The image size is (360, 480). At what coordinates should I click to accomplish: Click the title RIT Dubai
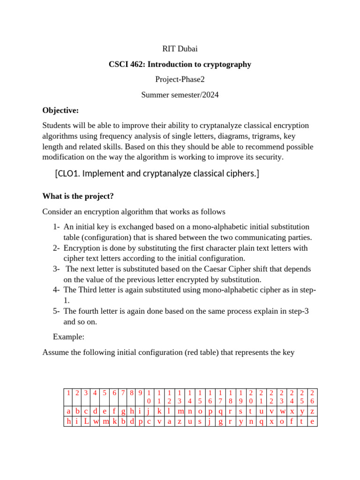[x=180, y=48]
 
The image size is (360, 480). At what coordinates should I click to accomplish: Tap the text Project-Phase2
[x=180, y=80]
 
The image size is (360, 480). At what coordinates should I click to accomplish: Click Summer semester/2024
[x=180, y=95]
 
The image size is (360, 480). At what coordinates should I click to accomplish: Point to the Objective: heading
[x=60, y=111]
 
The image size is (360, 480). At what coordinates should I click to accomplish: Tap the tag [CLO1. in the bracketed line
[x=68, y=174]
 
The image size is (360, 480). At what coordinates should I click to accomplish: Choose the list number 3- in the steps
[x=57, y=269]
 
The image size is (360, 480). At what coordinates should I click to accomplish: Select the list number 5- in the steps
[x=57, y=311]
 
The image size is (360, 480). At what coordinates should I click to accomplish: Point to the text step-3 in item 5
[x=299, y=311]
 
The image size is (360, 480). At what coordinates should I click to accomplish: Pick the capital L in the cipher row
[x=87, y=421]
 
